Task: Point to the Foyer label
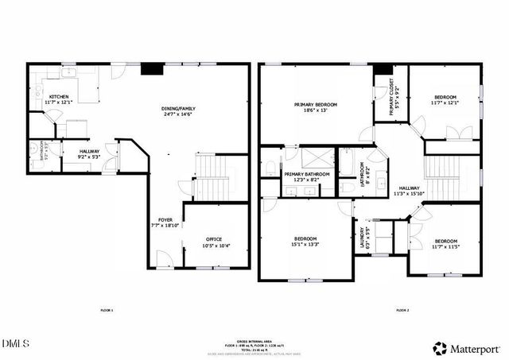coord(165,223)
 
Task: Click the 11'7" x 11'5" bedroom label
coord(445,244)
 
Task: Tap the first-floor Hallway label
coord(88,153)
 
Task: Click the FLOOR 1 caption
coord(107,310)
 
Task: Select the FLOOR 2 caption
coord(402,310)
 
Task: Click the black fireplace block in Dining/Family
coord(150,69)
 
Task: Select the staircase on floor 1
coord(211,180)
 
